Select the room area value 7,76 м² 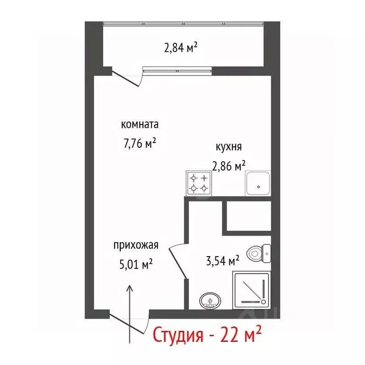tap(140, 143)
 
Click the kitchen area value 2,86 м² tap(229, 166)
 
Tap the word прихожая tap(135, 246)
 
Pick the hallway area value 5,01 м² tap(135, 264)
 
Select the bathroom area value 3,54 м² tap(221, 260)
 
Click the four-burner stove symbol tap(198, 183)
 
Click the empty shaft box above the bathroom tap(247, 217)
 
